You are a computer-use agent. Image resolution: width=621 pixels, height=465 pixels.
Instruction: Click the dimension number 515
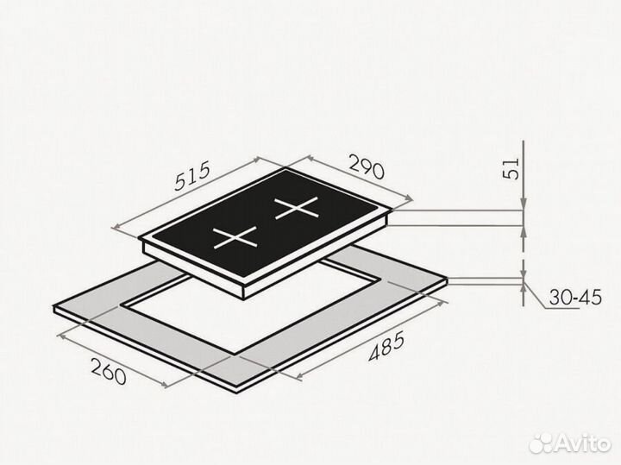pyautogui.click(x=192, y=177)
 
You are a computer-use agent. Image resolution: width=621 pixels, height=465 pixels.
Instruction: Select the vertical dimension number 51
pyautogui.click(x=511, y=169)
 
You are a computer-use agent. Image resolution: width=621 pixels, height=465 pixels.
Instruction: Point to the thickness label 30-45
pyautogui.click(x=575, y=297)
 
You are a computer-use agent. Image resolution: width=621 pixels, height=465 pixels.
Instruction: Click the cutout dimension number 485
pyautogui.click(x=386, y=347)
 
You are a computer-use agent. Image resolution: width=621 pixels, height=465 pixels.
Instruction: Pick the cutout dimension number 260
pyautogui.click(x=109, y=371)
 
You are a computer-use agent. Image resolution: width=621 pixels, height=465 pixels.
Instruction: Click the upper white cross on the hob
pyautogui.click(x=297, y=208)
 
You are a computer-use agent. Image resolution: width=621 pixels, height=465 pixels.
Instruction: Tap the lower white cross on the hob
pyautogui.click(x=235, y=237)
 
